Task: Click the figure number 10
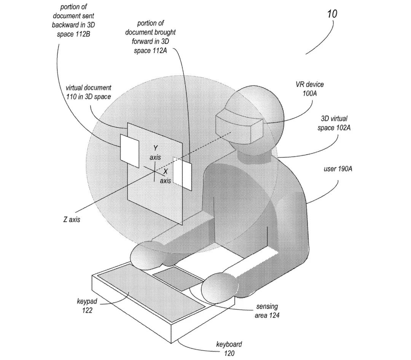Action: point(332,14)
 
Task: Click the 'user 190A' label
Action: point(338,169)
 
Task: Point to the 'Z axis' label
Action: point(72,220)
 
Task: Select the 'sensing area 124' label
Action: point(267,311)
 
